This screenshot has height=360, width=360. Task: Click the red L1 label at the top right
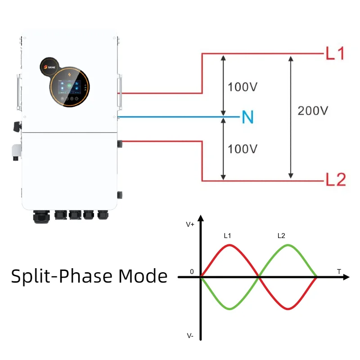(335, 54)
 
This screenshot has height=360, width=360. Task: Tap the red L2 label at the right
(336, 180)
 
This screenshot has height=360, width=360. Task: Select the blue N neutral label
(247, 117)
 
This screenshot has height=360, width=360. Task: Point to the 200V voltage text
(313, 110)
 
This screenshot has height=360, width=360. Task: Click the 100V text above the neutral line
(243, 86)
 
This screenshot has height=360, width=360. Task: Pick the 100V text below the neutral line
(243, 148)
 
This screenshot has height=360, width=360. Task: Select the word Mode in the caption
(143, 275)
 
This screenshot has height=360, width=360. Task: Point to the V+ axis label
(190, 224)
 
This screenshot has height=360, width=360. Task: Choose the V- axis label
(190, 336)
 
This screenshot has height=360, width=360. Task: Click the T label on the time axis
(339, 271)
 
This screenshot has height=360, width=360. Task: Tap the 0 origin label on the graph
(192, 272)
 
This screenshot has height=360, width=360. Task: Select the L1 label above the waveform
(228, 235)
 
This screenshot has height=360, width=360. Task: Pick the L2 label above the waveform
(281, 235)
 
